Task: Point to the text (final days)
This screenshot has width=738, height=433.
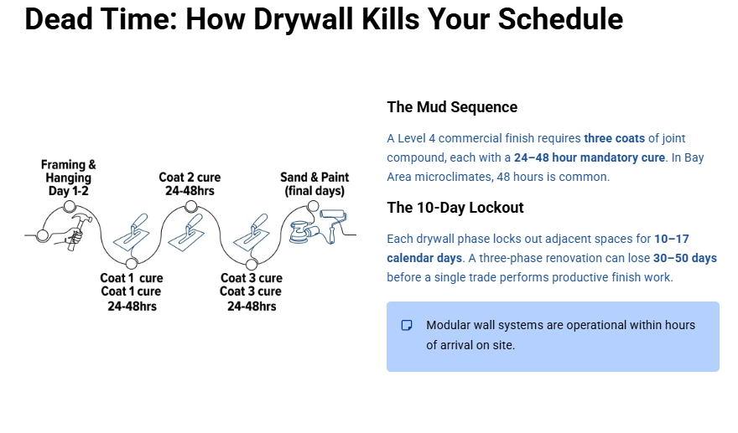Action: click(x=314, y=191)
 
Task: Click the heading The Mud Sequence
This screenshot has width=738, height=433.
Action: click(x=452, y=107)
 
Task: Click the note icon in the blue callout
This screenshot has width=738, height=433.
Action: click(x=407, y=325)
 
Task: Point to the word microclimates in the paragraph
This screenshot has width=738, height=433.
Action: click(x=455, y=177)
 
